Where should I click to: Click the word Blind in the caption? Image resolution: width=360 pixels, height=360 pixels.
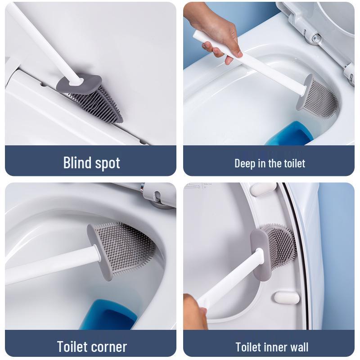pos(77,162)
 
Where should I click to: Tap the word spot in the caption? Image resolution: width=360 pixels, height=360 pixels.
pos(107,164)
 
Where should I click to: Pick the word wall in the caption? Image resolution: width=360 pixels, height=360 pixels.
pos(298,346)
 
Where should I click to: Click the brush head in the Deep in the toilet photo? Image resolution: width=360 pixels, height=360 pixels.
pos(317,97)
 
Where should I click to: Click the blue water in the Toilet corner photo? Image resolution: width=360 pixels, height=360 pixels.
pos(108,315)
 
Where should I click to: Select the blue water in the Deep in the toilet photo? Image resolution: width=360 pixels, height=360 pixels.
pos(290,133)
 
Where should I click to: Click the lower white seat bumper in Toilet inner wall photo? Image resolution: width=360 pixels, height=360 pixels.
pos(287,298)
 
